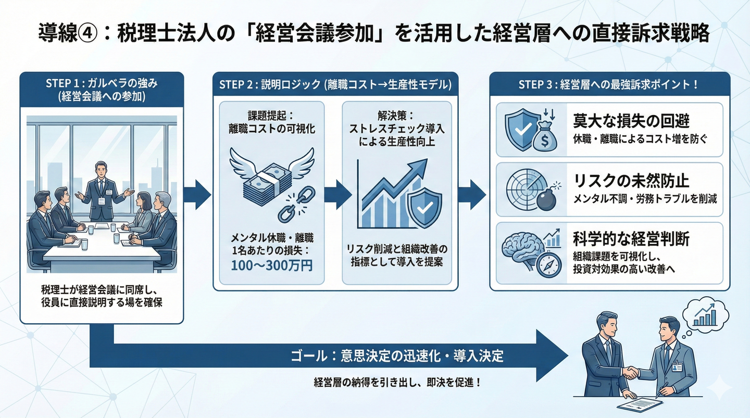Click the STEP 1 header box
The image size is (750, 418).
point(102,90)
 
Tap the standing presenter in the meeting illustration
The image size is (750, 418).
point(101,190)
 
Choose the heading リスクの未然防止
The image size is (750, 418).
point(631,181)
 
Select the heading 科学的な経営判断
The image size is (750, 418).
point(631,239)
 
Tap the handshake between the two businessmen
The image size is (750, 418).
point(631,373)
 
